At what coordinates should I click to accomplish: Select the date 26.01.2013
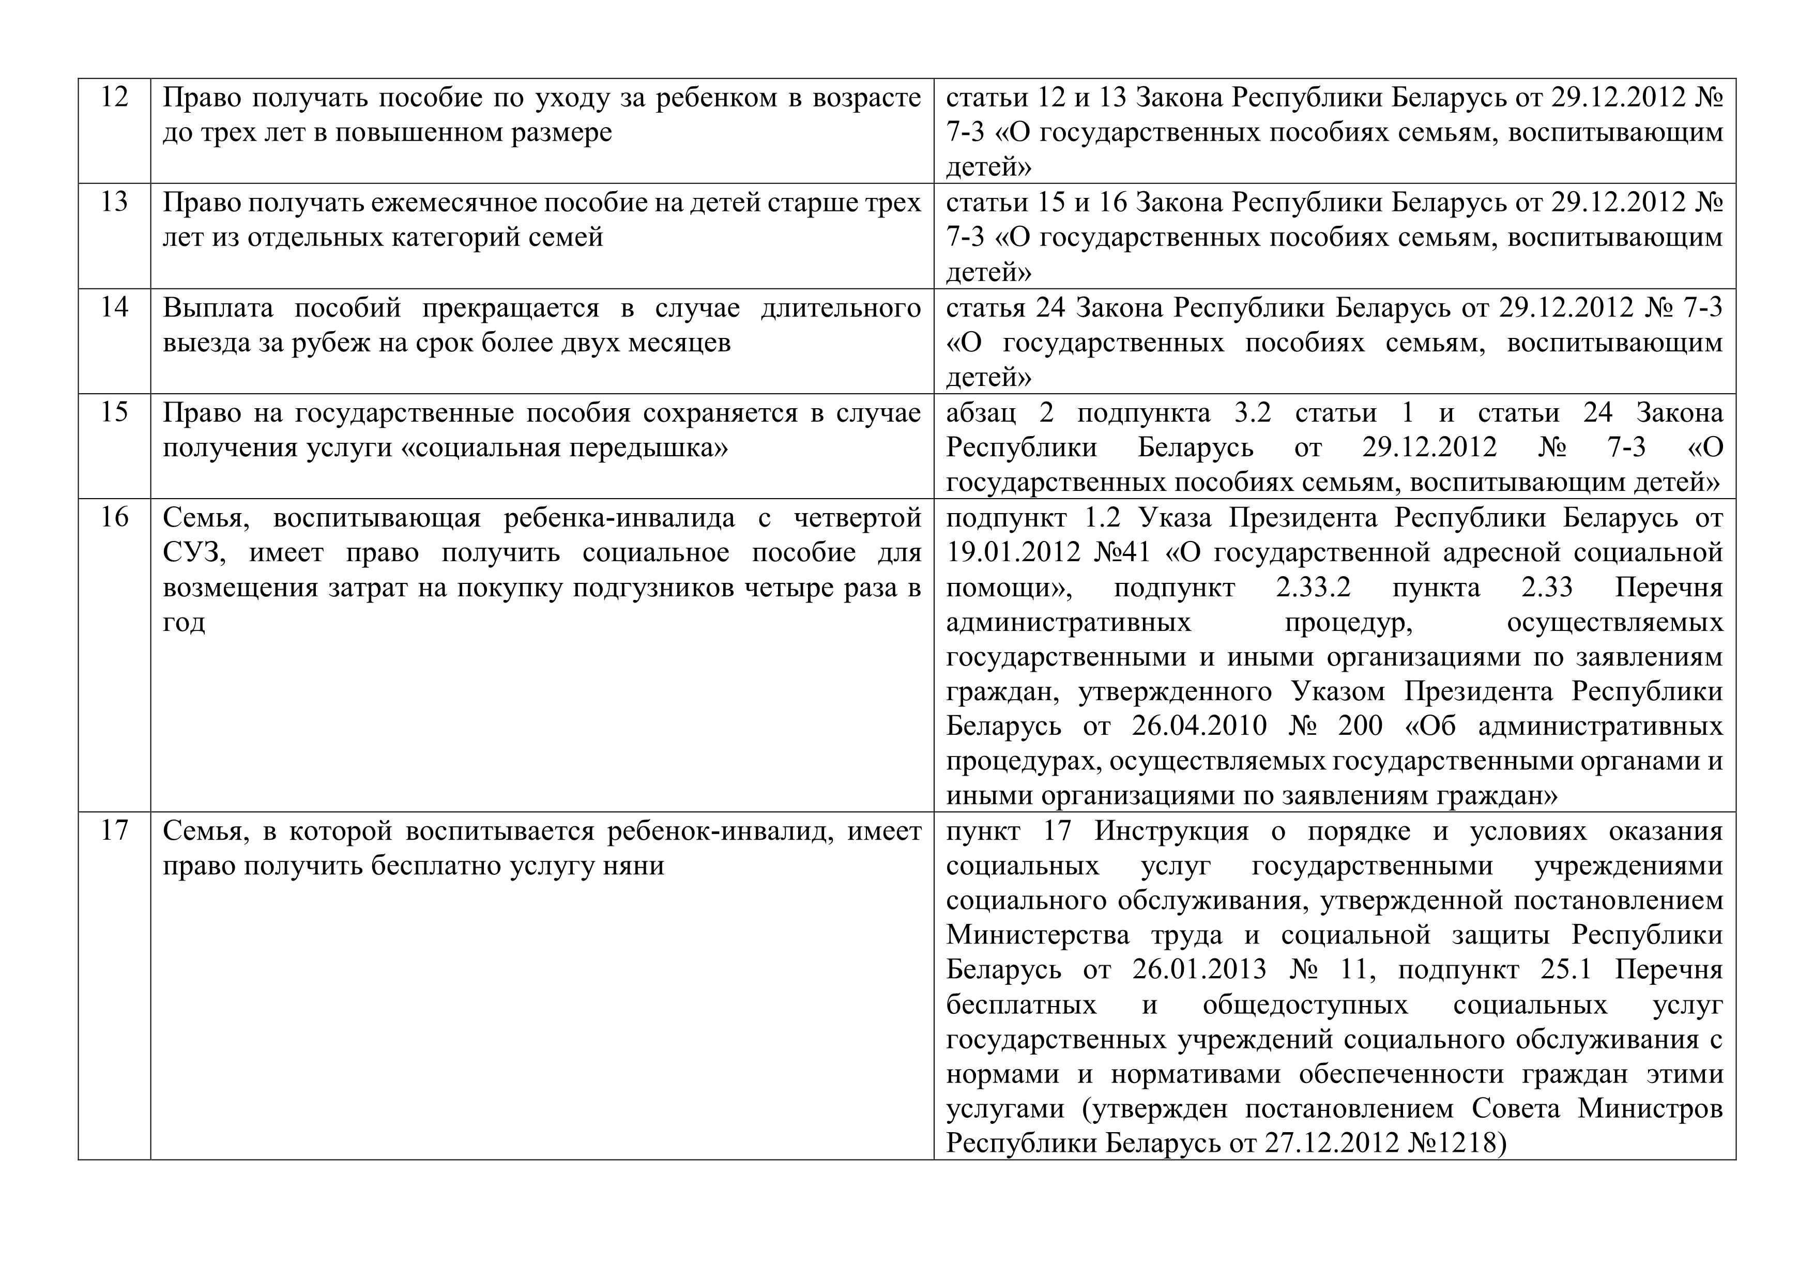click(x=1199, y=970)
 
